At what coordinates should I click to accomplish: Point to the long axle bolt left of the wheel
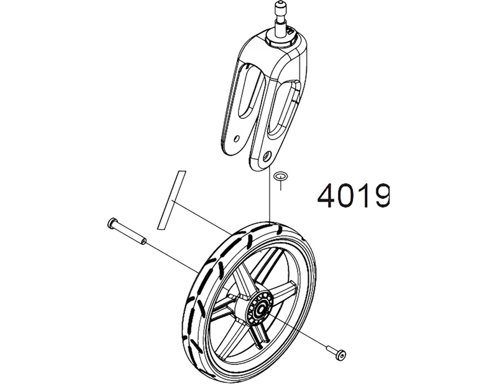coord(126,231)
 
